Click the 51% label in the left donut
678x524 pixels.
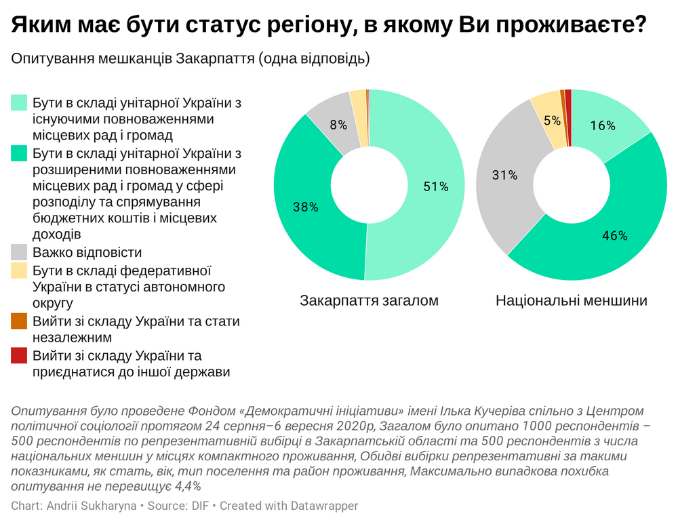click(x=435, y=187)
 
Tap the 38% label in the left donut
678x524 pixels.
click(x=305, y=207)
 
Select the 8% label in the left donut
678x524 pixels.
click(x=338, y=125)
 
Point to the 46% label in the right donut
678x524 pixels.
click(x=615, y=236)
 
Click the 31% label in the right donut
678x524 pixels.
click(x=504, y=175)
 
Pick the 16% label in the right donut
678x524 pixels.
click(x=603, y=125)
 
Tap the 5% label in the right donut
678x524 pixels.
click(x=552, y=121)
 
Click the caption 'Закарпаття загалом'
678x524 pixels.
click(x=369, y=300)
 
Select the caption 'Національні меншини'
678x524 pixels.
click(x=572, y=300)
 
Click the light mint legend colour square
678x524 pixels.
click(x=19, y=103)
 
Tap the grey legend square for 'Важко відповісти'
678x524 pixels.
click(x=19, y=253)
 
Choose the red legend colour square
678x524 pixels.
click(x=19, y=356)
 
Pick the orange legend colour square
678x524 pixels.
click(x=19, y=321)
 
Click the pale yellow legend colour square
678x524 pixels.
click(x=19, y=271)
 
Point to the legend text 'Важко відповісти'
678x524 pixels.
click(x=87, y=253)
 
